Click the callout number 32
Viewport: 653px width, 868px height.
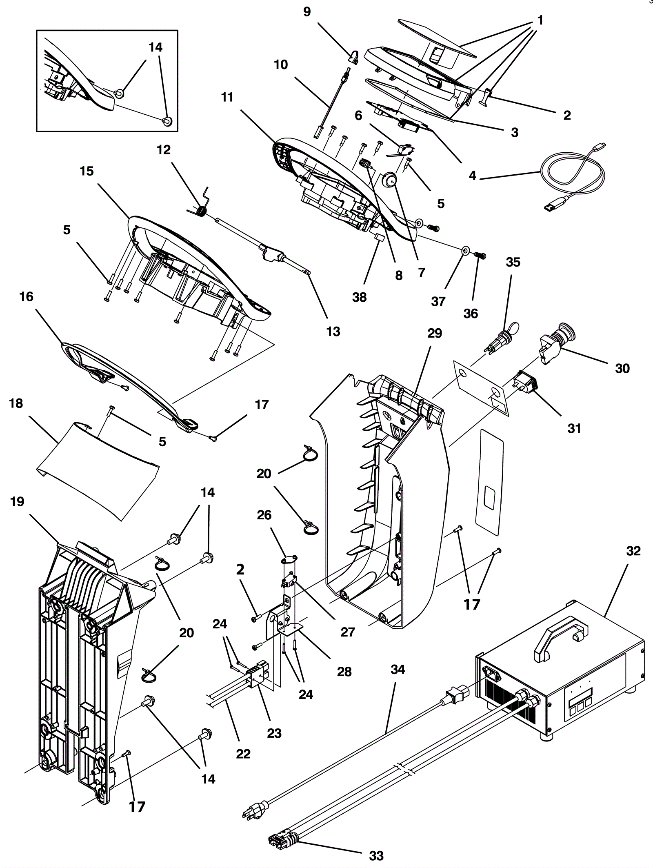(x=633, y=551)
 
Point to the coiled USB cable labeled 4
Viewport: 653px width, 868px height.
(x=573, y=176)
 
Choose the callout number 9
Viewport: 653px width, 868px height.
(x=307, y=12)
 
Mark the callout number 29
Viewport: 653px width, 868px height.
(x=435, y=334)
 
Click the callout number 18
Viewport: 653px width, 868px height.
(x=16, y=403)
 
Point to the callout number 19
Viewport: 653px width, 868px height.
(x=17, y=501)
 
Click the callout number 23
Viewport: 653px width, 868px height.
(x=274, y=734)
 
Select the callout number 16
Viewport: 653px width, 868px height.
(x=26, y=296)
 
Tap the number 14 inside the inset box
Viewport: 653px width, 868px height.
(x=155, y=47)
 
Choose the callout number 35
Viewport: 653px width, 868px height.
(x=513, y=262)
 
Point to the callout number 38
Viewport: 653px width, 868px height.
(x=359, y=297)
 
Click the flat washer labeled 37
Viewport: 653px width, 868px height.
(x=464, y=250)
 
